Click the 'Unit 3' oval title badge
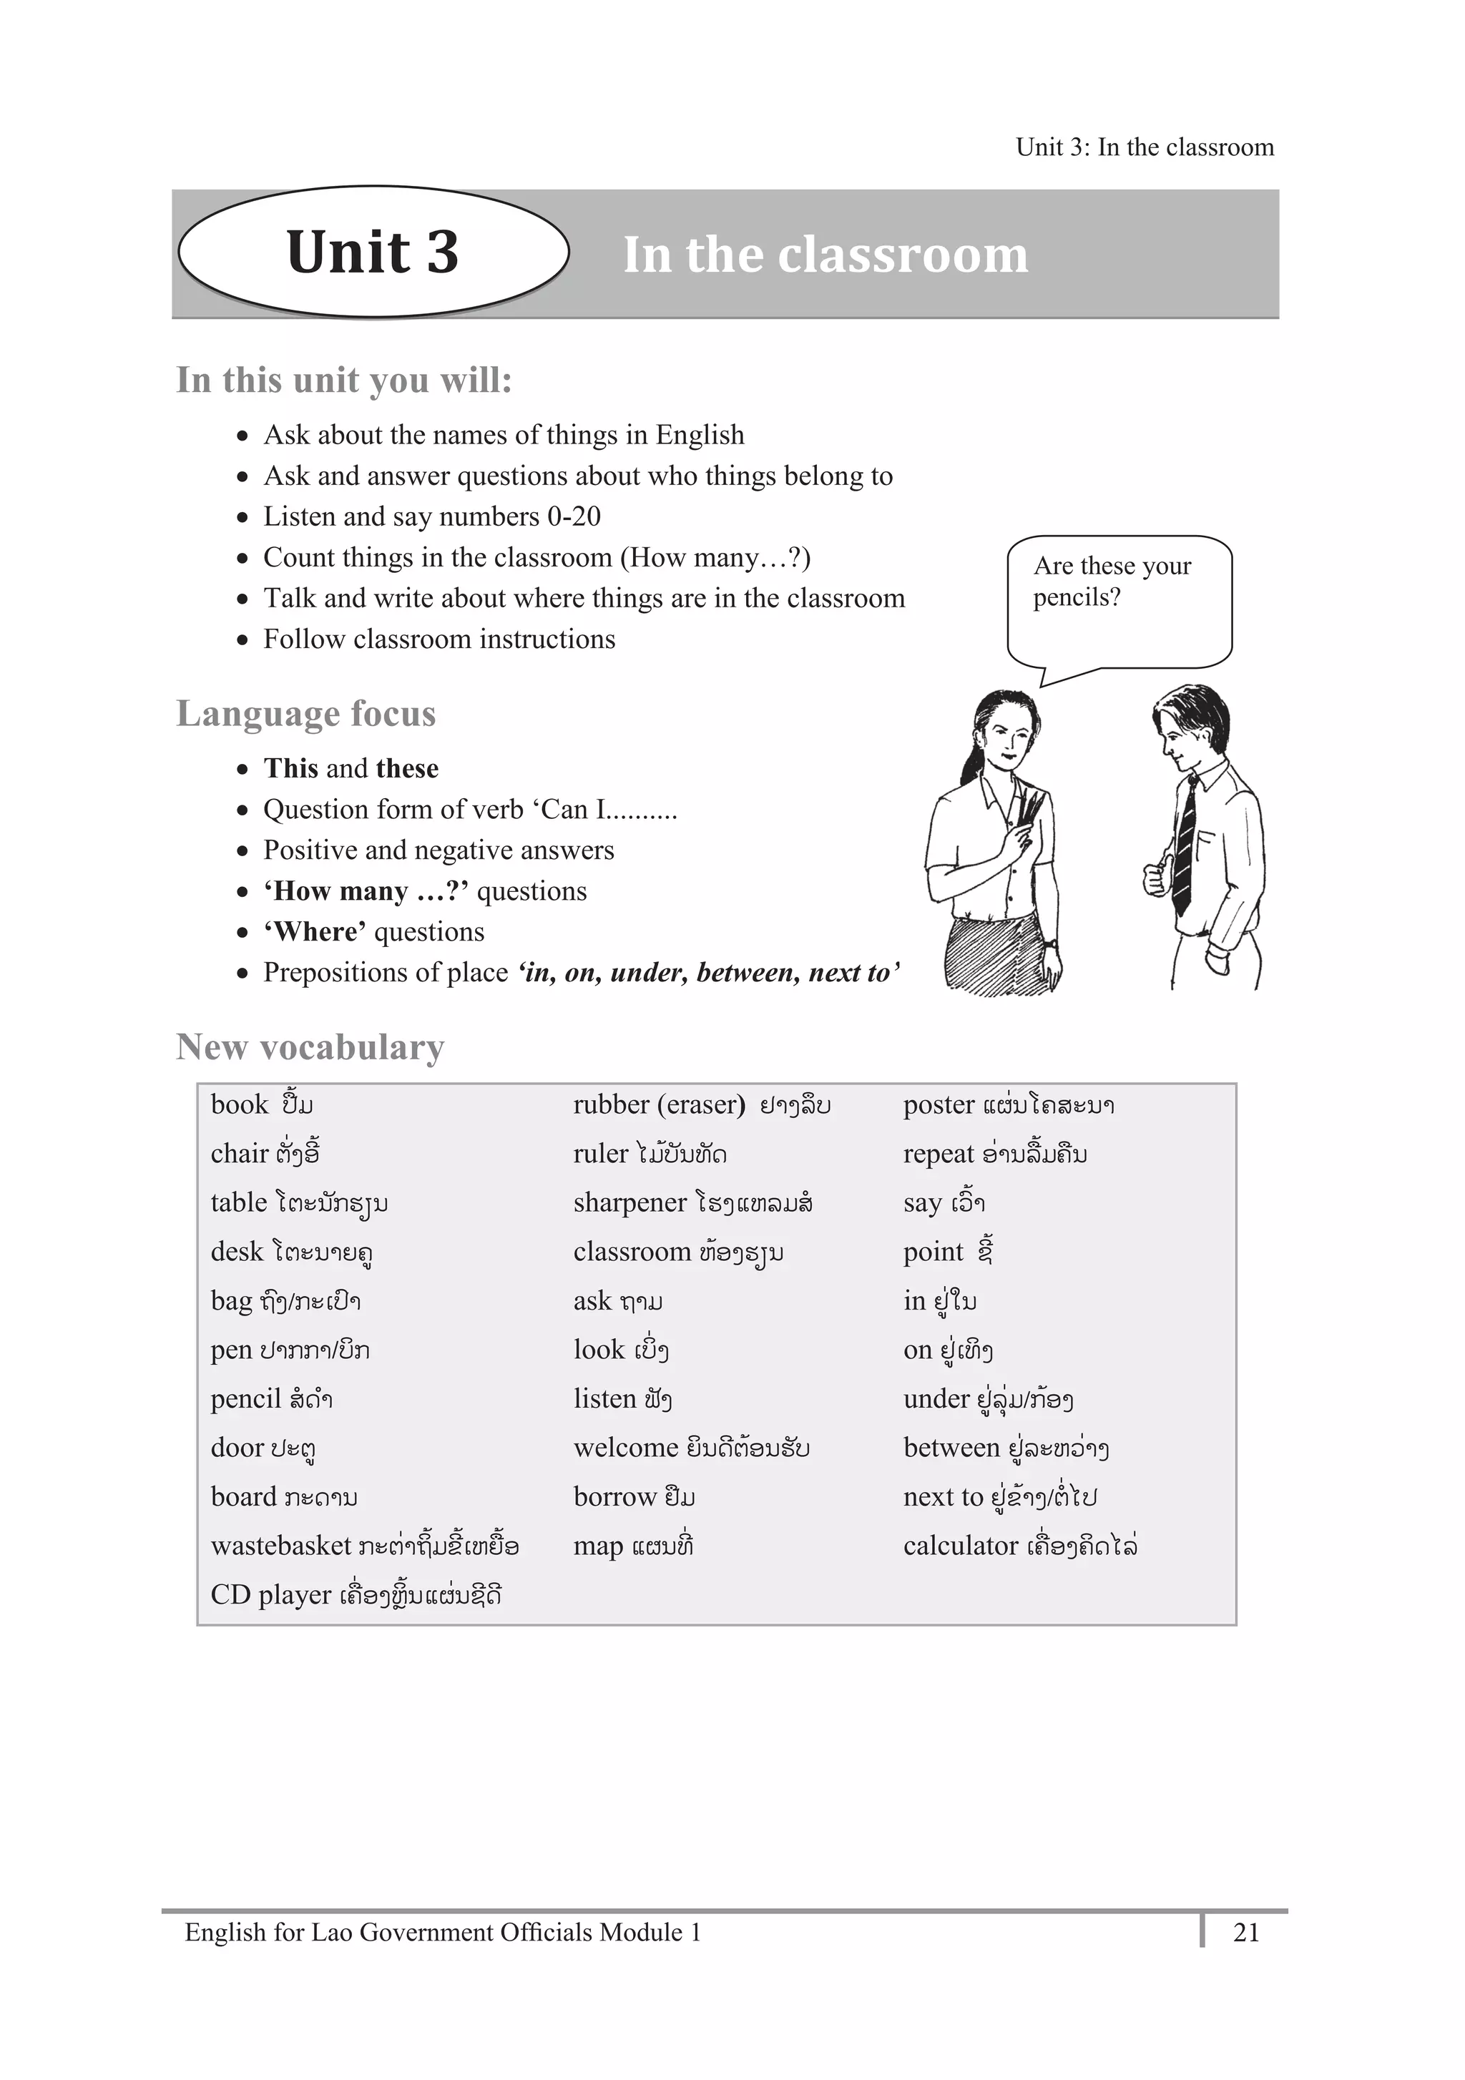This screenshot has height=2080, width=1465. tap(373, 252)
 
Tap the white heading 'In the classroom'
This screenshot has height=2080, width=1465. tap(825, 255)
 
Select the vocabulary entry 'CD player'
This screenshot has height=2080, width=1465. tap(270, 1594)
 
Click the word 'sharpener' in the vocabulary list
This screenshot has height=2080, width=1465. tap(629, 1203)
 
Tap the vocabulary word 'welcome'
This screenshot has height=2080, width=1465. tap(625, 1448)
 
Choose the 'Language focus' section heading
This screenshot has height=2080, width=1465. tap(306, 714)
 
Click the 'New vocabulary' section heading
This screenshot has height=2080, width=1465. tap(310, 1047)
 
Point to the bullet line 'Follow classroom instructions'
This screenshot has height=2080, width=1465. tap(438, 639)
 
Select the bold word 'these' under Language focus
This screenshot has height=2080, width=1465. tap(407, 769)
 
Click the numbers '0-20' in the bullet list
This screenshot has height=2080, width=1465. tap(574, 516)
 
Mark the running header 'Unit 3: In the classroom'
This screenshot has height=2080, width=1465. tap(1145, 147)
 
